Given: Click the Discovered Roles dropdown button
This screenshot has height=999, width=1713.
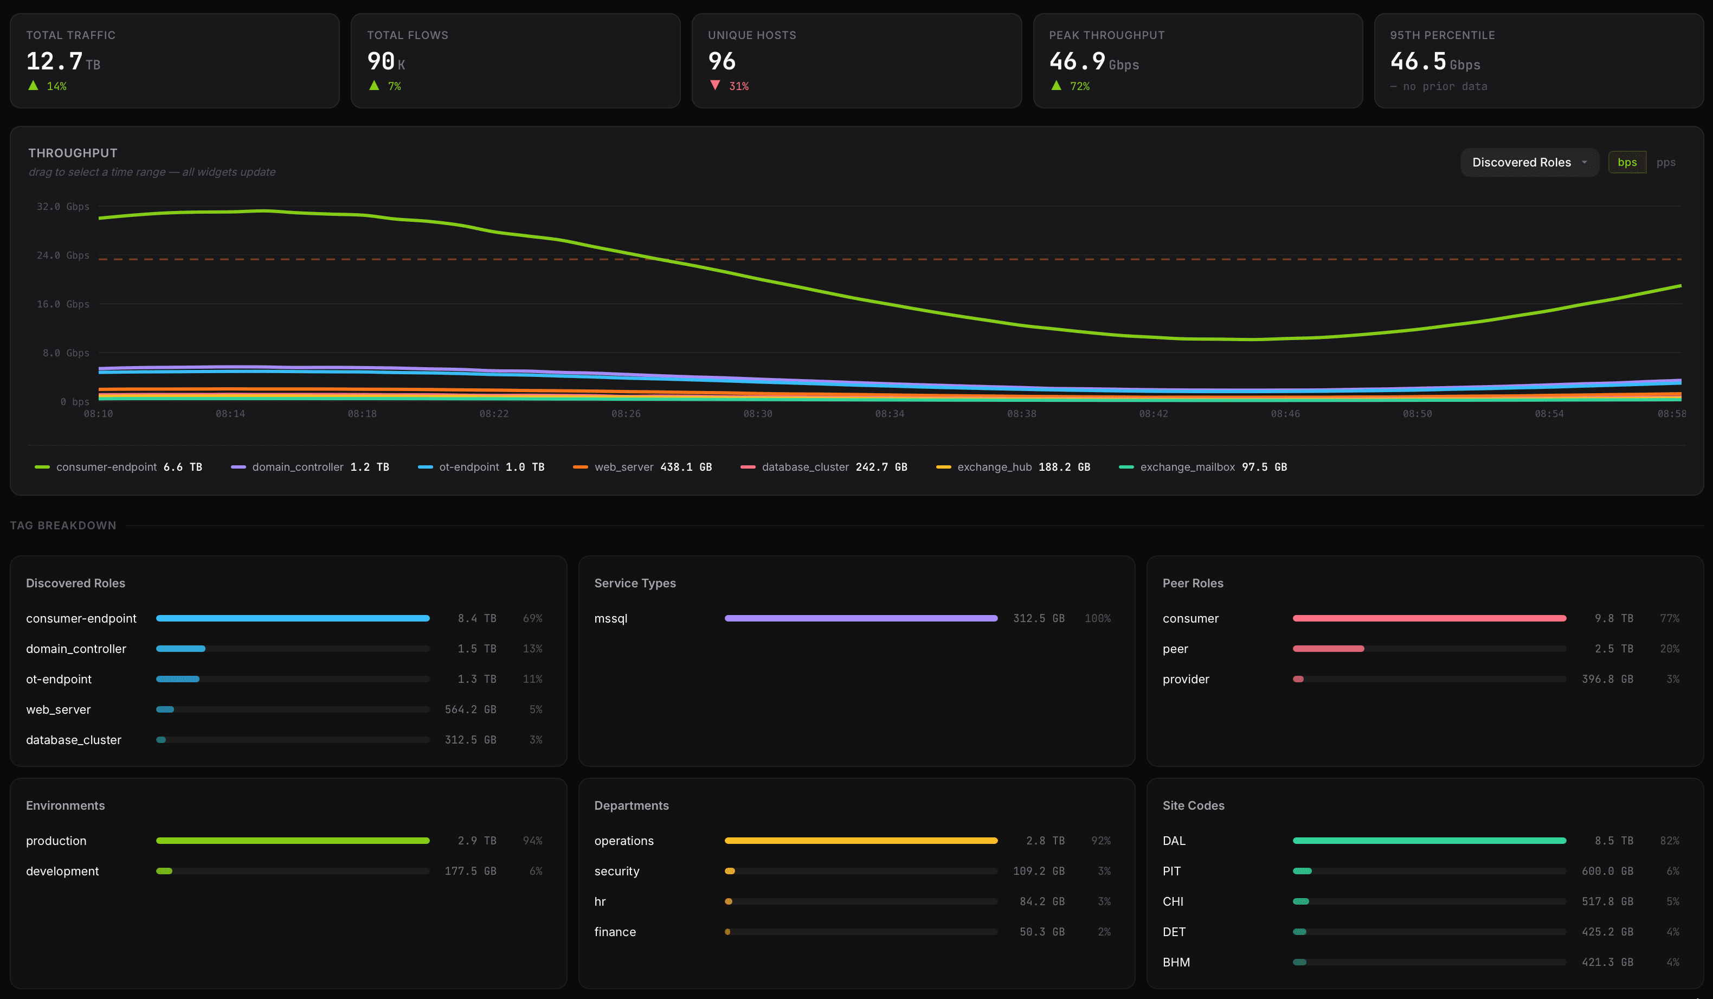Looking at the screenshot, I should (x=1529, y=163).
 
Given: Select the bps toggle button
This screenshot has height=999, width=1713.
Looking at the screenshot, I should (x=1627, y=163).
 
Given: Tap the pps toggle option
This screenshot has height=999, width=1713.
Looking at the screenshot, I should (x=1665, y=163).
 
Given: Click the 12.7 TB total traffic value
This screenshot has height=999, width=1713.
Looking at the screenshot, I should (x=62, y=62).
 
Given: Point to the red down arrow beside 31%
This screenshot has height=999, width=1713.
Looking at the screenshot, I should (x=714, y=86).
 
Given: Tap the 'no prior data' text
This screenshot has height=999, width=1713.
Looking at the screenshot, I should (x=1445, y=86).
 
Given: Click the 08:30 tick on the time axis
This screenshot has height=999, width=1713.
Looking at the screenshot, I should (x=757, y=413).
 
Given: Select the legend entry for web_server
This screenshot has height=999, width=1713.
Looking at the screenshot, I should (x=642, y=467).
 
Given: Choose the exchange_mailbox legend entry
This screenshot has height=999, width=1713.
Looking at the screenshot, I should (x=1202, y=467).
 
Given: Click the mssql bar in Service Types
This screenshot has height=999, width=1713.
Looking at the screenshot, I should (x=861, y=618).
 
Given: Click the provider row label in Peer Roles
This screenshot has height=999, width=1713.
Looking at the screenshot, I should (x=1186, y=680).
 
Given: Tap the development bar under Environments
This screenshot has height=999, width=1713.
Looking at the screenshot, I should (x=164, y=871).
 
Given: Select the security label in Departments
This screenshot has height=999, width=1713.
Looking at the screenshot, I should (x=616, y=871).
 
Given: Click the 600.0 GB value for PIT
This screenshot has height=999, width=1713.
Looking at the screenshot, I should (x=1606, y=871).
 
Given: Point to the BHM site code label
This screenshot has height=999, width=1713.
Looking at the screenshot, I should (x=1176, y=962).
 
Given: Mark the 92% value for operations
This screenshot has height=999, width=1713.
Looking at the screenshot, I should (x=1100, y=841).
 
